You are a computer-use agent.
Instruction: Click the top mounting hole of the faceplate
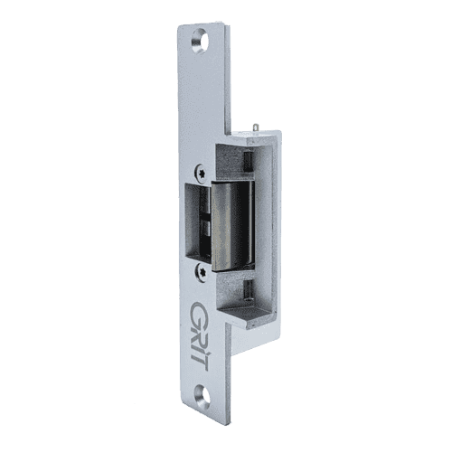coord(200,42)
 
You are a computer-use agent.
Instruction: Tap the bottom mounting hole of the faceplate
coord(202,397)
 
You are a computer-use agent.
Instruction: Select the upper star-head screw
coord(201,173)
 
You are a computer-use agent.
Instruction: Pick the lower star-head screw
coord(202,272)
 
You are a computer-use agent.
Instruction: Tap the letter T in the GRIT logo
coord(200,363)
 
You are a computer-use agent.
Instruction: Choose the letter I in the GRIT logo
coord(199,350)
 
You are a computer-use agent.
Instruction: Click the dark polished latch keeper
coord(231,226)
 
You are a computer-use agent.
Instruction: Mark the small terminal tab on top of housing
coord(256,127)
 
